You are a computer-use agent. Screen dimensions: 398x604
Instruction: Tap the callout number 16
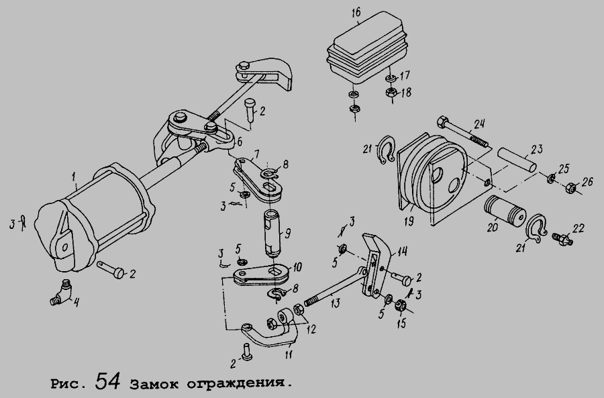[356, 12]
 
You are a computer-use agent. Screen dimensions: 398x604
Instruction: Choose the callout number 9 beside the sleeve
[287, 235]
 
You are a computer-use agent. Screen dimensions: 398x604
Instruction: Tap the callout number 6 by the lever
[239, 142]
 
